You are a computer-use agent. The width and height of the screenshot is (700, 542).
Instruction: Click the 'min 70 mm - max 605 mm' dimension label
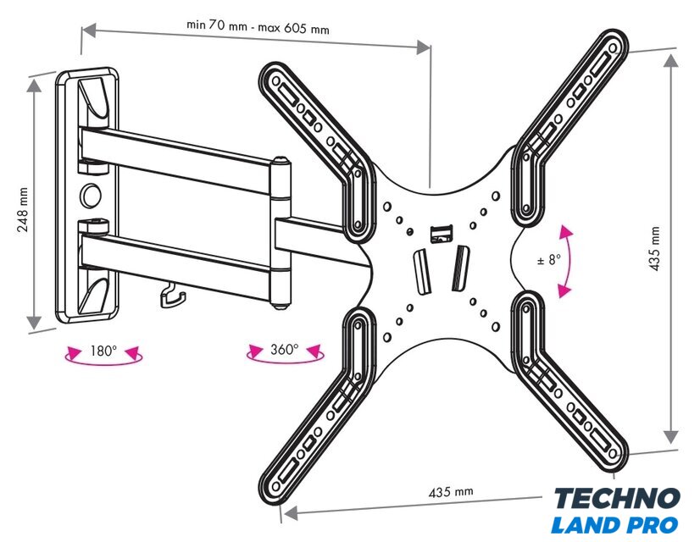click(257, 26)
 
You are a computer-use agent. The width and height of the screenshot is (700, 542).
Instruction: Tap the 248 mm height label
click(24, 208)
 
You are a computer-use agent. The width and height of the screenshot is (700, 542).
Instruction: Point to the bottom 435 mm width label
click(451, 492)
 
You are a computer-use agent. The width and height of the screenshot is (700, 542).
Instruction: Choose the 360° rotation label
click(285, 349)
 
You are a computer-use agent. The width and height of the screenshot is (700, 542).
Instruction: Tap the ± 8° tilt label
click(549, 260)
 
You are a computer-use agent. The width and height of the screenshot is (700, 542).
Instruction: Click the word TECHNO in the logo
click(616, 498)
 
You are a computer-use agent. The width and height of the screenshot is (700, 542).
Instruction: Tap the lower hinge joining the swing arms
click(281, 285)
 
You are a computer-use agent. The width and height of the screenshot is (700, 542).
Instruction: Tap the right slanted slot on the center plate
click(459, 265)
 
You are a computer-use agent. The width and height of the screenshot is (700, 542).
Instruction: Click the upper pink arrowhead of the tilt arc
click(564, 232)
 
